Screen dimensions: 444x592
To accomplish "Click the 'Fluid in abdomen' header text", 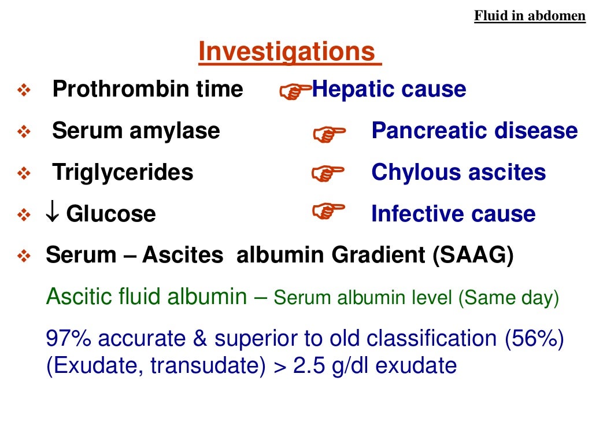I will click(x=530, y=16).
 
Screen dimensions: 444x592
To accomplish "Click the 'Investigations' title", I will click(x=289, y=53).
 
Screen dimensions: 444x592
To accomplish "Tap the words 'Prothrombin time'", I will click(x=147, y=90).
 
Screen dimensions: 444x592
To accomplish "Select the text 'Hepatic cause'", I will click(x=389, y=90).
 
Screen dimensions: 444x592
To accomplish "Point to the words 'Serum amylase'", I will click(x=136, y=131).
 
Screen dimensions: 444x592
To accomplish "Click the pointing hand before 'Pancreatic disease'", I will click(x=328, y=134).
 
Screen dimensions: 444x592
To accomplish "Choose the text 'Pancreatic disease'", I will click(x=474, y=131).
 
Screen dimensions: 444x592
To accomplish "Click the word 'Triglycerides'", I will click(x=123, y=172).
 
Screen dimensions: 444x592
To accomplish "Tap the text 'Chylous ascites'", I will click(x=458, y=172).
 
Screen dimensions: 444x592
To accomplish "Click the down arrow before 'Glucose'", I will click(x=52, y=214).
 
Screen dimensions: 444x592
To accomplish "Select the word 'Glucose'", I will click(x=111, y=214).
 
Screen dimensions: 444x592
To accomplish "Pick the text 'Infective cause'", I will click(x=453, y=214).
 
